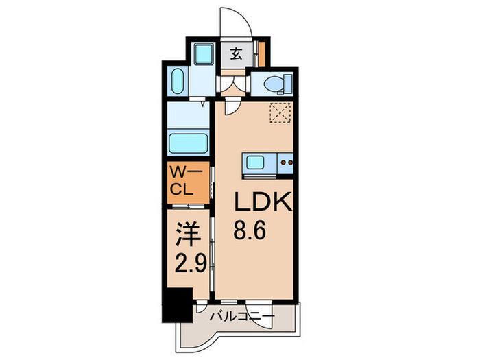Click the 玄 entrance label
pyautogui.click(x=236, y=54)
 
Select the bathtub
pyautogui.click(x=189, y=143)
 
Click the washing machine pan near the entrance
pyautogui.click(x=204, y=54)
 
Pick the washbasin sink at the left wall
pyautogui.click(x=178, y=81)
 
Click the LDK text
pyautogui.click(x=263, y=201)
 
